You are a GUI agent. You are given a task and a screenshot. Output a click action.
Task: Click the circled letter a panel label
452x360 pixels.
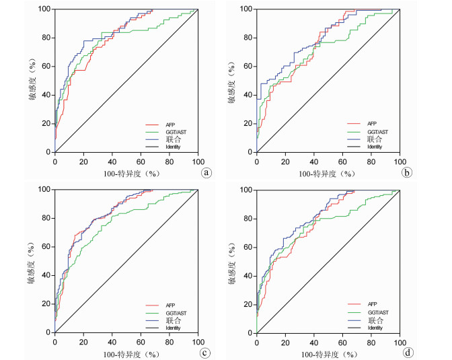206,172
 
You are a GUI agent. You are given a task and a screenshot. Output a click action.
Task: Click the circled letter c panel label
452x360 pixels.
206,352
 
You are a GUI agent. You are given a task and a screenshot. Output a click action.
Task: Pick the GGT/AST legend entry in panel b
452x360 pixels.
375,132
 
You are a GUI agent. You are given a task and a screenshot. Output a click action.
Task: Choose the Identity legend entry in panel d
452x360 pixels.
375,327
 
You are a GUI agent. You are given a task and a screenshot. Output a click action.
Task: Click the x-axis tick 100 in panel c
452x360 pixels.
198,343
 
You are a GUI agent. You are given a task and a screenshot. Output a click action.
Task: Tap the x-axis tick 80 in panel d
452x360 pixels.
371,343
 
